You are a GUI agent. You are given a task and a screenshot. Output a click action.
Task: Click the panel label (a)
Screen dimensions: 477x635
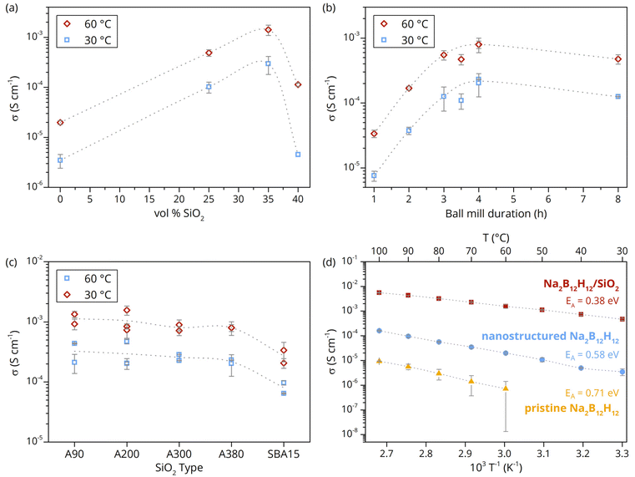tap(11, 9)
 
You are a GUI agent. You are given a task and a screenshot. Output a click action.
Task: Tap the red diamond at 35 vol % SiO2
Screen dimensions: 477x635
tap(268, 30)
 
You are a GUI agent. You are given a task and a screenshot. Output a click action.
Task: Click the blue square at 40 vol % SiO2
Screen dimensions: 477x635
tap(298, 155)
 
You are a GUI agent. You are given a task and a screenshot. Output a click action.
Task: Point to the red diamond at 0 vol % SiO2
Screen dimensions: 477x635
tap(60, 123)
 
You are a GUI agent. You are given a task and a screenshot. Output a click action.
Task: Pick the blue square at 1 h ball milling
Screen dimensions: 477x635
tap(374, 175)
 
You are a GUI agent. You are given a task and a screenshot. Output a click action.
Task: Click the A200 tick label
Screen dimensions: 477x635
tap(127, 455)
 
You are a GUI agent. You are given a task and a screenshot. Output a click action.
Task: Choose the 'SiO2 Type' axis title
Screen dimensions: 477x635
tap(179, 469)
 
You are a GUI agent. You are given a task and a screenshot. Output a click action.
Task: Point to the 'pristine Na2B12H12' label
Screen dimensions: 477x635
tap(572, 410)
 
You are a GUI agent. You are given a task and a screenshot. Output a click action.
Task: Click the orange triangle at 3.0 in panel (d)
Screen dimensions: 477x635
tap(506, 388)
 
